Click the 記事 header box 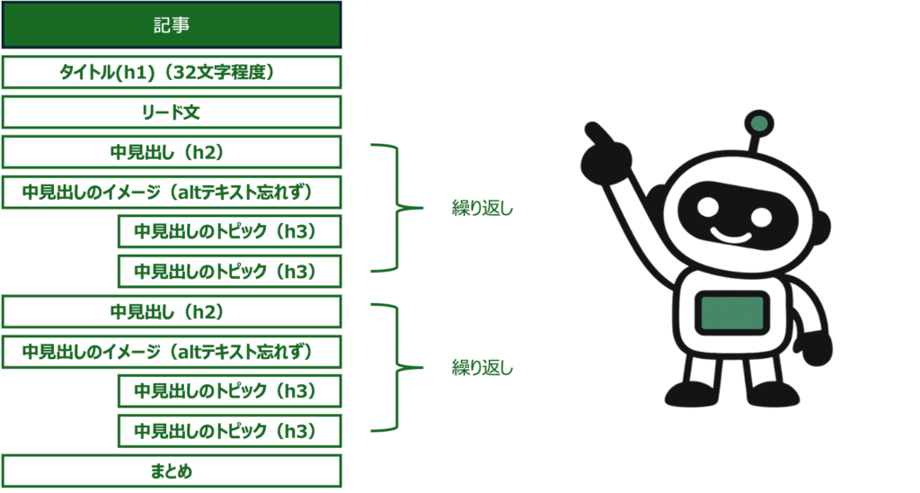[171, 25]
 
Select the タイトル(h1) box [171, 72]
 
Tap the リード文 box [171, 112]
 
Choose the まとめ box [171, 471]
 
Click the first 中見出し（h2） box [171, 152]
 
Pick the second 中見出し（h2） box [171, 311]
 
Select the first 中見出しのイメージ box [171, 193]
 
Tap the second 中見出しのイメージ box [171, 352]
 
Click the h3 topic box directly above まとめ [229, 431]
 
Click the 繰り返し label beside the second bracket [482, 368]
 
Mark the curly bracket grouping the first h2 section [395, 207]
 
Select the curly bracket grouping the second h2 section [395, 367]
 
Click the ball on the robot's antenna [759, 123]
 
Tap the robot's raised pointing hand [604, 155]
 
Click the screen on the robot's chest [732, 313]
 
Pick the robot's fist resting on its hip [815, 347]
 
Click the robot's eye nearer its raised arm [708, 206]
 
